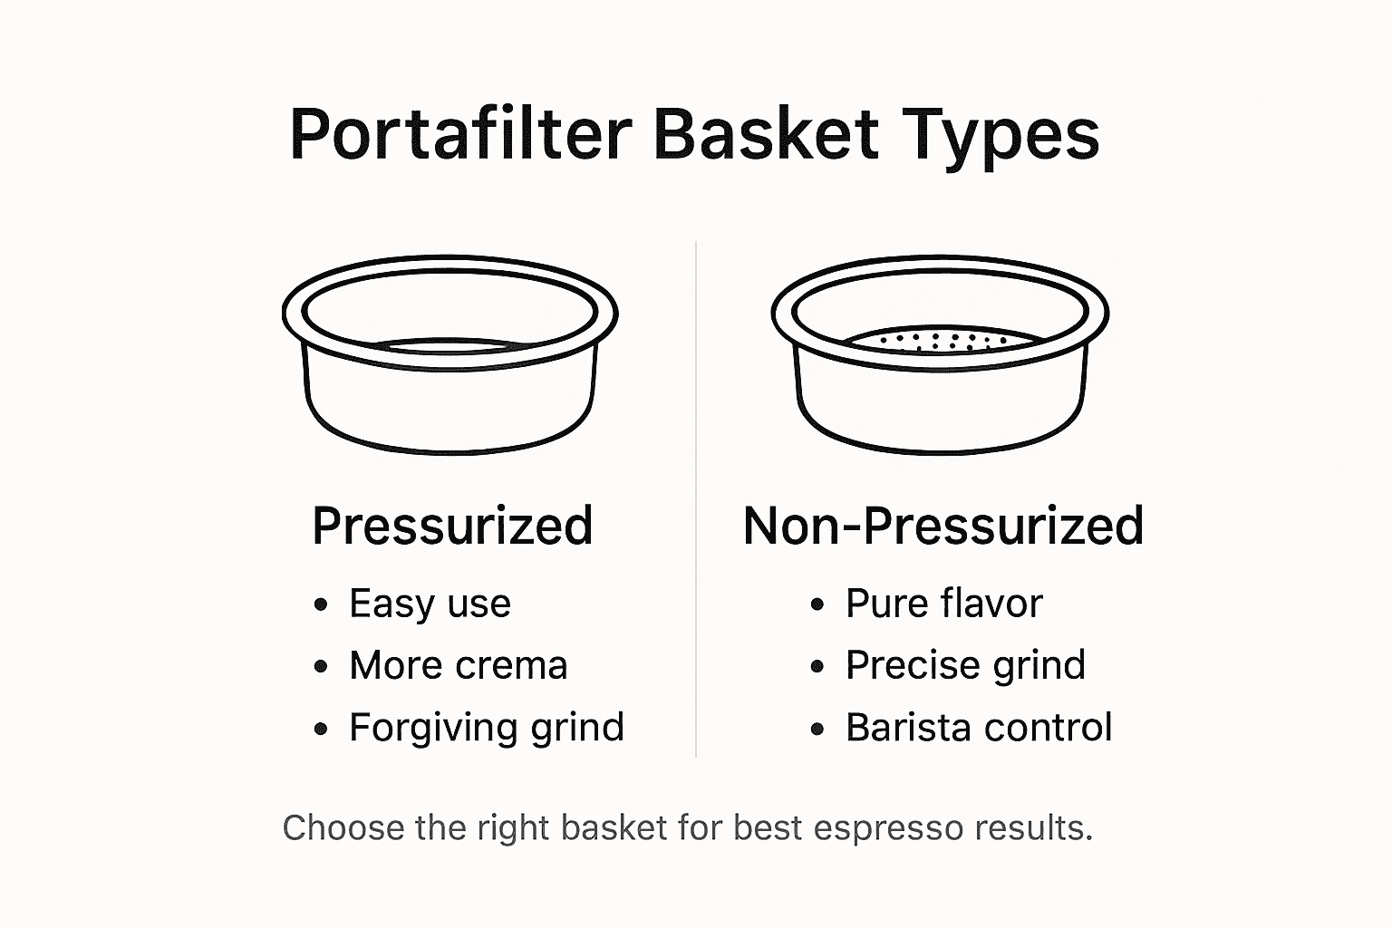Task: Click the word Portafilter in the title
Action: (x=460, y=135)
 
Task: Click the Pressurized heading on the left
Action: (x=452, y=527)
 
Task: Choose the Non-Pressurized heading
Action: (x=942, y=527)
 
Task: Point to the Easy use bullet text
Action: (x=430, y=604)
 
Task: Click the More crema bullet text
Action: (x=458, y=665)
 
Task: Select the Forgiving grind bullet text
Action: (x=487, y=727)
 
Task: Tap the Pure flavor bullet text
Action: (x=943, y=604)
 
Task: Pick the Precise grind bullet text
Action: (x=965, y=665)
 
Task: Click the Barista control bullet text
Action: (x=979, y=727)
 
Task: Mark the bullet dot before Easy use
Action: (x=320, y=605)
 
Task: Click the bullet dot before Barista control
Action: (x=817, y=729)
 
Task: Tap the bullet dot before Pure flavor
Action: (x=817, y=605)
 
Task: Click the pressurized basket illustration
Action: (x=449, y=362)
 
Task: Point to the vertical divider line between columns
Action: (x=695, y=498)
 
